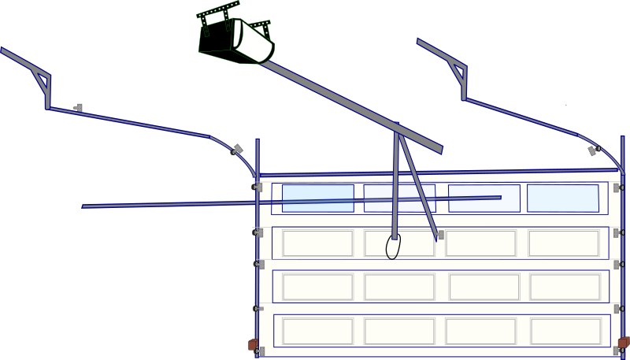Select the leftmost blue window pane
click(x=317, y=198)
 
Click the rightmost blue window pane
click(x=562, y=198)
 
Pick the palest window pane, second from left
click(x=399, y=198)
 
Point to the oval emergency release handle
click(x=394, y=247)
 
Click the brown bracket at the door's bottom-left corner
click(x=253, y=344)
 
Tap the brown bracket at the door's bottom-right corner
click(x=624, y=343)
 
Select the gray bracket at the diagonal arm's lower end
click(x=440, y=235)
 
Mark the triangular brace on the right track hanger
click(x=457, y=72)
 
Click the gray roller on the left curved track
click(x=235, y=149)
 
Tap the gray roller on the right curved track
click(x=593, y=150)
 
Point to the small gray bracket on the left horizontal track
click(x=77, y=106)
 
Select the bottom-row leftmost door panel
click(x=317, y=332)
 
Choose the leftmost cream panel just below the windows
click(x=317, y=243)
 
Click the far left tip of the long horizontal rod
click(x=83, y=206)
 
